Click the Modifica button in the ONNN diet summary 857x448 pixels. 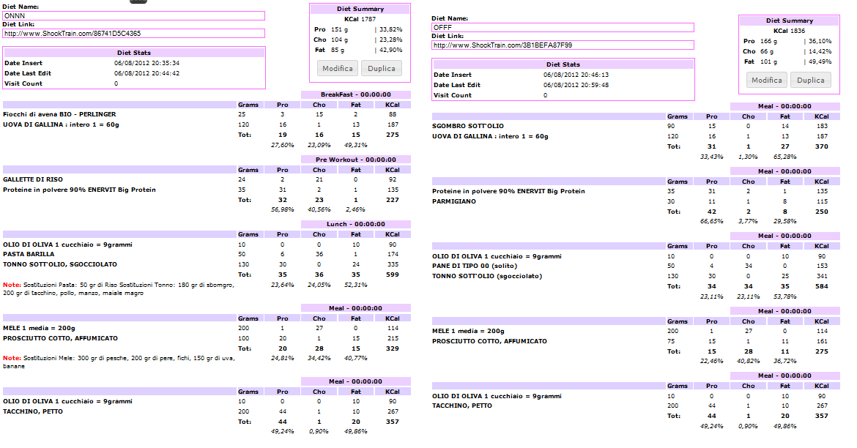pos(337,68)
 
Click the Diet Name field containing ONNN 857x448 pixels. pos(133,15)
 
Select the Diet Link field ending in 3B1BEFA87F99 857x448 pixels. pos(563,45)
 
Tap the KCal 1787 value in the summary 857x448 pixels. pos(359,18)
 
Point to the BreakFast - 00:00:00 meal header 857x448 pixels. pos(355,94)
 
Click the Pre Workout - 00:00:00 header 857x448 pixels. pos(355,160)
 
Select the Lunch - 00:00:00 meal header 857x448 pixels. pos(355,224)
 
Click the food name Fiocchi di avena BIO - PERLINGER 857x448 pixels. pos(59,114)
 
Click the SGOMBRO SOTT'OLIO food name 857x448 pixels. pos(467,126)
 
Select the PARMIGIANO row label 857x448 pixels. pos(454,201)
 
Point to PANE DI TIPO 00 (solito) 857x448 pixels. pos(474,266)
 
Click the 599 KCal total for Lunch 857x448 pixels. pos(392,275)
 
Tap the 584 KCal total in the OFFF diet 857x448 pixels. pos(821,286)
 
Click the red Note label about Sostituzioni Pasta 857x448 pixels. pos(11,285)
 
